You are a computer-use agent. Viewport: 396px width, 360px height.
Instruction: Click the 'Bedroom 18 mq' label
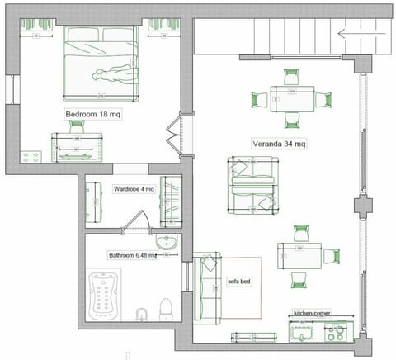click(92, 115)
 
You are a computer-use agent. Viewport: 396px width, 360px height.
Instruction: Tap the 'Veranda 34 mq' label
click(279, 144)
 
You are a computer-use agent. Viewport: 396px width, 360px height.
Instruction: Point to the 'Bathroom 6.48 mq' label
click(132, 255)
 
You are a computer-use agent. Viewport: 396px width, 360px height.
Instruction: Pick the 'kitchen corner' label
click(314, 314)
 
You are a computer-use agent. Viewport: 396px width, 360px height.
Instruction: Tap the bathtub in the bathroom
click(106, 294)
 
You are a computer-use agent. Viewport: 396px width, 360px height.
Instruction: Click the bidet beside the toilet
click(141, 313)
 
